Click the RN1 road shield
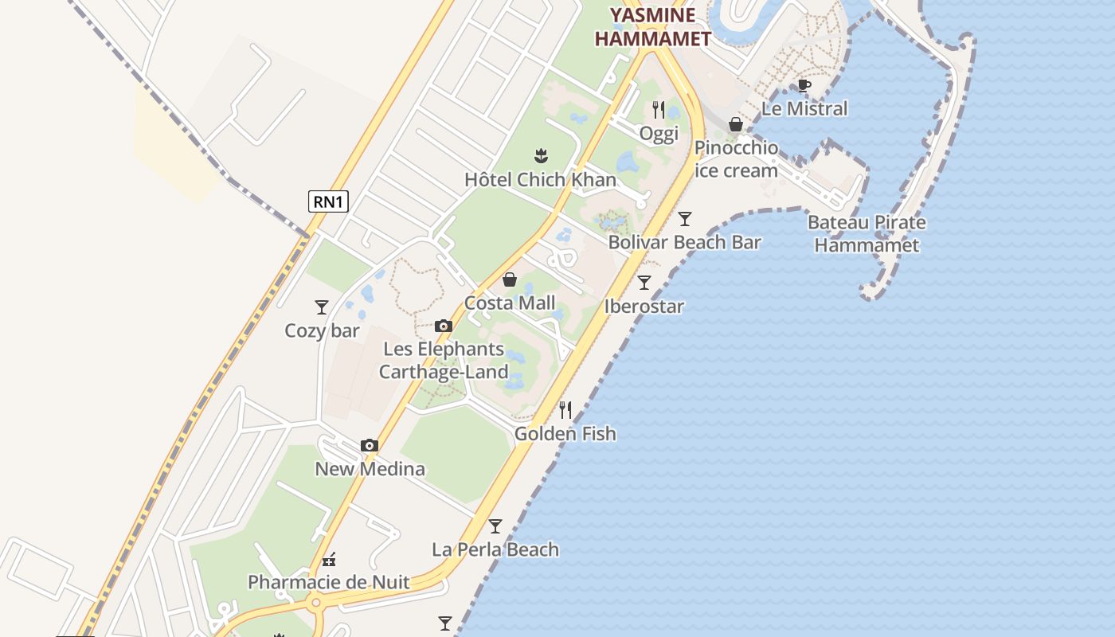tap(328, 201)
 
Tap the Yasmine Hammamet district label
tap(652, 26)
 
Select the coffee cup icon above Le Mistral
tap(804, 85)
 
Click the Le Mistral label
tap(804, 108)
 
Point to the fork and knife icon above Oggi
tap(659, 109)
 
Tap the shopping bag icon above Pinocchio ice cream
tap(736, 124)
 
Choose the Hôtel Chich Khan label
tap(540, 179)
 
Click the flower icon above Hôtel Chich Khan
tap(541, 154)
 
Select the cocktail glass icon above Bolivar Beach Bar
tap(685, 218)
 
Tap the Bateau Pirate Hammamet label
tap(867, 233)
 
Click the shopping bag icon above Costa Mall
tap(510, 279)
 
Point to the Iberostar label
tap(644, 307)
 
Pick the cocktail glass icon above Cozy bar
tap(322, 307)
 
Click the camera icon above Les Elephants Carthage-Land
tap(444, 326)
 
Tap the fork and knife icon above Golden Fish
tap(565, 410)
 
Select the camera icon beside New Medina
tap(370, 445)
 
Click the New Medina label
tap(370, 469)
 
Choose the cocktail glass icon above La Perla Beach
tap(495, 526)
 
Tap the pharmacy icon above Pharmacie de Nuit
tap(328, 559)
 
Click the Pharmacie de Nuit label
tap(328, 582)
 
